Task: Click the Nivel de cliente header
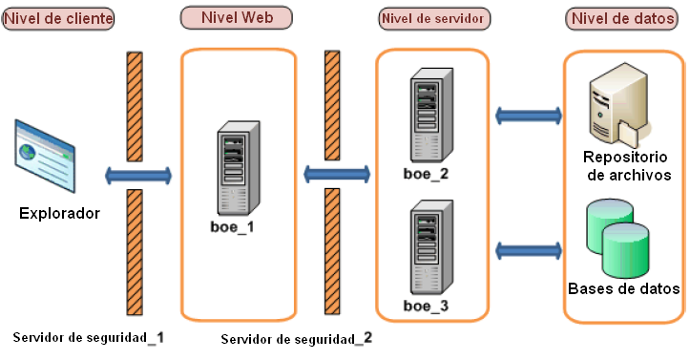tap(58, 19)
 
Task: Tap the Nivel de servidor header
tap(433, 18)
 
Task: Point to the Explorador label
tap(59, 212)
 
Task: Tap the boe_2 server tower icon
tap(426, 119)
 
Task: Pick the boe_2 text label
tap(426, 174)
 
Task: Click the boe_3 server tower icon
tap(426, 250)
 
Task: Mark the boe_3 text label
tap(426, 306)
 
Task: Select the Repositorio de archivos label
tap(624, 165)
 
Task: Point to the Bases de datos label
tap(623, 288)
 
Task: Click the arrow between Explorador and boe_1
tap(139, 175)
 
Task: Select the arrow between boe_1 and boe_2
tap(337, 173)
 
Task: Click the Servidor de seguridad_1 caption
tap(89, 337)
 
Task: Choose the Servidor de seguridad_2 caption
tap(296, 339)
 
